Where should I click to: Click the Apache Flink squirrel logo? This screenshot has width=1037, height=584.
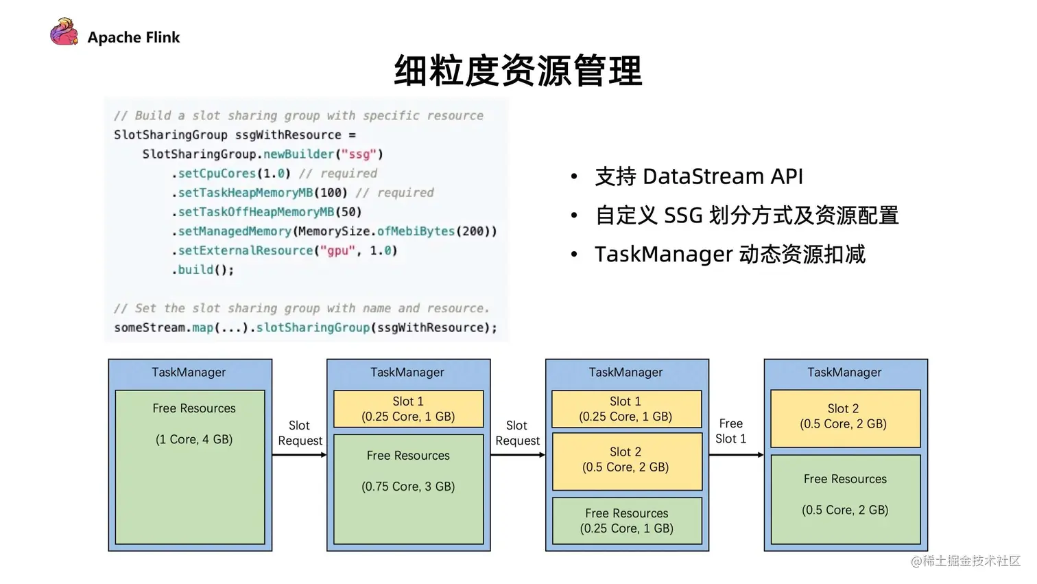pos(64,33)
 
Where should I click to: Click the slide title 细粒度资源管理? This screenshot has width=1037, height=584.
pos(518,71)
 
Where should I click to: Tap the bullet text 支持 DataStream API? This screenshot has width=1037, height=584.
pos(698,176)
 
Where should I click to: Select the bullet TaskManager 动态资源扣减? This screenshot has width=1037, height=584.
pos(729,255)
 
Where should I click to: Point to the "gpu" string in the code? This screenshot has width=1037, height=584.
pos(337,250)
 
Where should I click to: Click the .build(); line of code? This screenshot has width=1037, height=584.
pos(203,270)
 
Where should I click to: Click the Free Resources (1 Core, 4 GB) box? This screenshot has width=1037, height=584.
pos(190,467)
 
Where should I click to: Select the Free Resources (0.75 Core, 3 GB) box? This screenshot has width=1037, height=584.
pos(408,489)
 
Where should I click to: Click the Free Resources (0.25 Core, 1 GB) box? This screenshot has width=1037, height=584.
pos(627,521)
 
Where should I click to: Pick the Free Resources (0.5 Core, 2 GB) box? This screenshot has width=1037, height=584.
pos(846,499)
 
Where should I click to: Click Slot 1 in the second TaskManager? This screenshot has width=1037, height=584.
pos(408,409)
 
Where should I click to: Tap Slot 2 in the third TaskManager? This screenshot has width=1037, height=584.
pos(627,460)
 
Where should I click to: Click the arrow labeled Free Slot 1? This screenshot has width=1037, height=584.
pos(736,455)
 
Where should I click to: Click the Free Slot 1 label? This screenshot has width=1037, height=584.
pos(730,431)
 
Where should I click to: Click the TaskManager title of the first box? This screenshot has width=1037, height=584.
pos(189,373)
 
